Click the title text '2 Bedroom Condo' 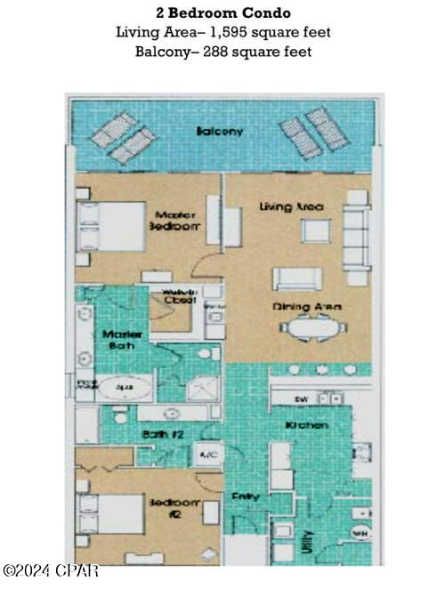222,13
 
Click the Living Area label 291,206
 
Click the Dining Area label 307,307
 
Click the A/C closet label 208,455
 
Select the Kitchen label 306,425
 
